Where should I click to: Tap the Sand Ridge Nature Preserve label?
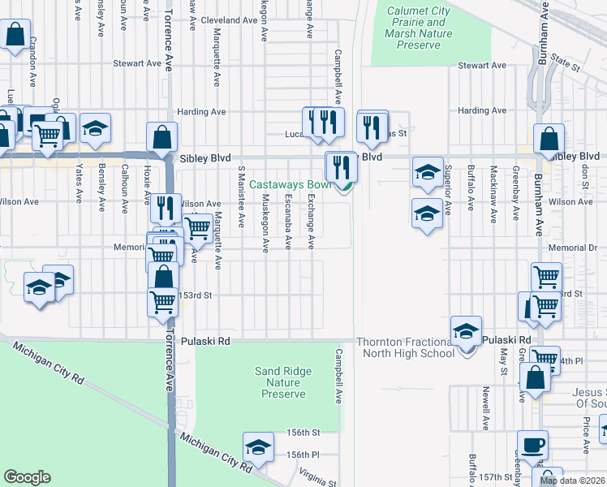coord(283,382)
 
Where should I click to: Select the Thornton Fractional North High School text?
coord(405,347)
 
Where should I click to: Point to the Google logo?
coord(27,477)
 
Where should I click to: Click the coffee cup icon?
coord(532,445)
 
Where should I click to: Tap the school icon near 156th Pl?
coord(258,447)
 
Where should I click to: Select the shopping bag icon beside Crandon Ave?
coord(15,35)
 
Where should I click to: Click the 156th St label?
coord(304,433)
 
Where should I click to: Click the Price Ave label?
coord(586,435)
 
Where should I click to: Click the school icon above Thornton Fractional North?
coord(467,331)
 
